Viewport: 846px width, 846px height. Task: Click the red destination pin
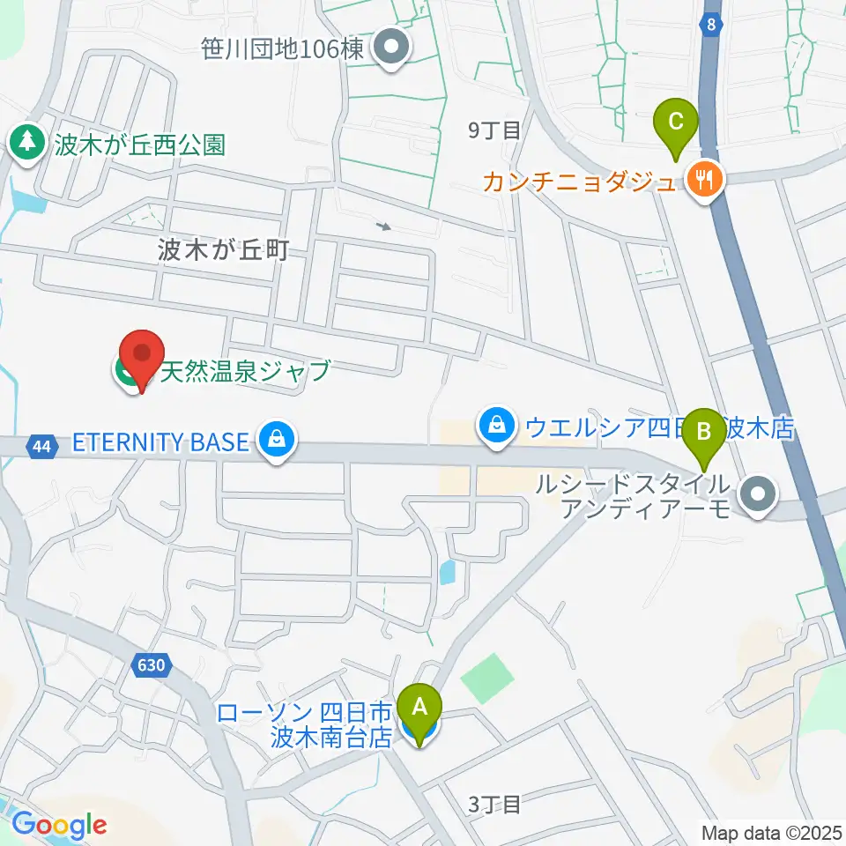[x=142, y=357]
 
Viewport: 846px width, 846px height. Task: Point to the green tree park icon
[x=27, y=142]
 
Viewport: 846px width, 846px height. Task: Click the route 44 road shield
[x=40, y=448]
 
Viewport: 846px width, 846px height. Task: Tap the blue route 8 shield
[x=711, y=26]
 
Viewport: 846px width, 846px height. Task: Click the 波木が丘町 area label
[x=223, y=250]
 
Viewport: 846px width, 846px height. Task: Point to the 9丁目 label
[x=494, y=130]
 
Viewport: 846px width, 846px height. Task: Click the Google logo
[x=59, y=825]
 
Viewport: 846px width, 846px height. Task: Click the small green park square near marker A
[x=488, y=678]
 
